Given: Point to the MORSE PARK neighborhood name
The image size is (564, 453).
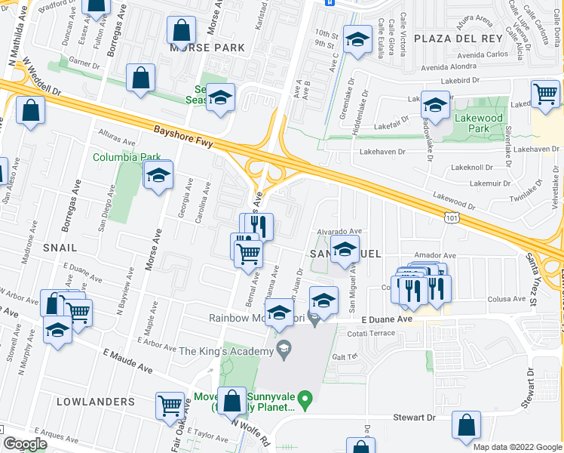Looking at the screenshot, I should pyautogui.click(x=207, y=48).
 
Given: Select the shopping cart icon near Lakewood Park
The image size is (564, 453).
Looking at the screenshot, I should pyautogui.click(x=545, y=94).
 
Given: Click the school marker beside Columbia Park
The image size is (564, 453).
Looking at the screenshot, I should pyautogui.click(x=158, y=176).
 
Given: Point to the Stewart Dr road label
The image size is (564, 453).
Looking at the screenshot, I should pyautogui.click(x=415, y=417).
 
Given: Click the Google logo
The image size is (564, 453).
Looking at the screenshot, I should pyautogui.click(x=25, y=445).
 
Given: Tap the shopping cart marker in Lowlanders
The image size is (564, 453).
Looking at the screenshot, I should pyautogui.click(x=170, y=406).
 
